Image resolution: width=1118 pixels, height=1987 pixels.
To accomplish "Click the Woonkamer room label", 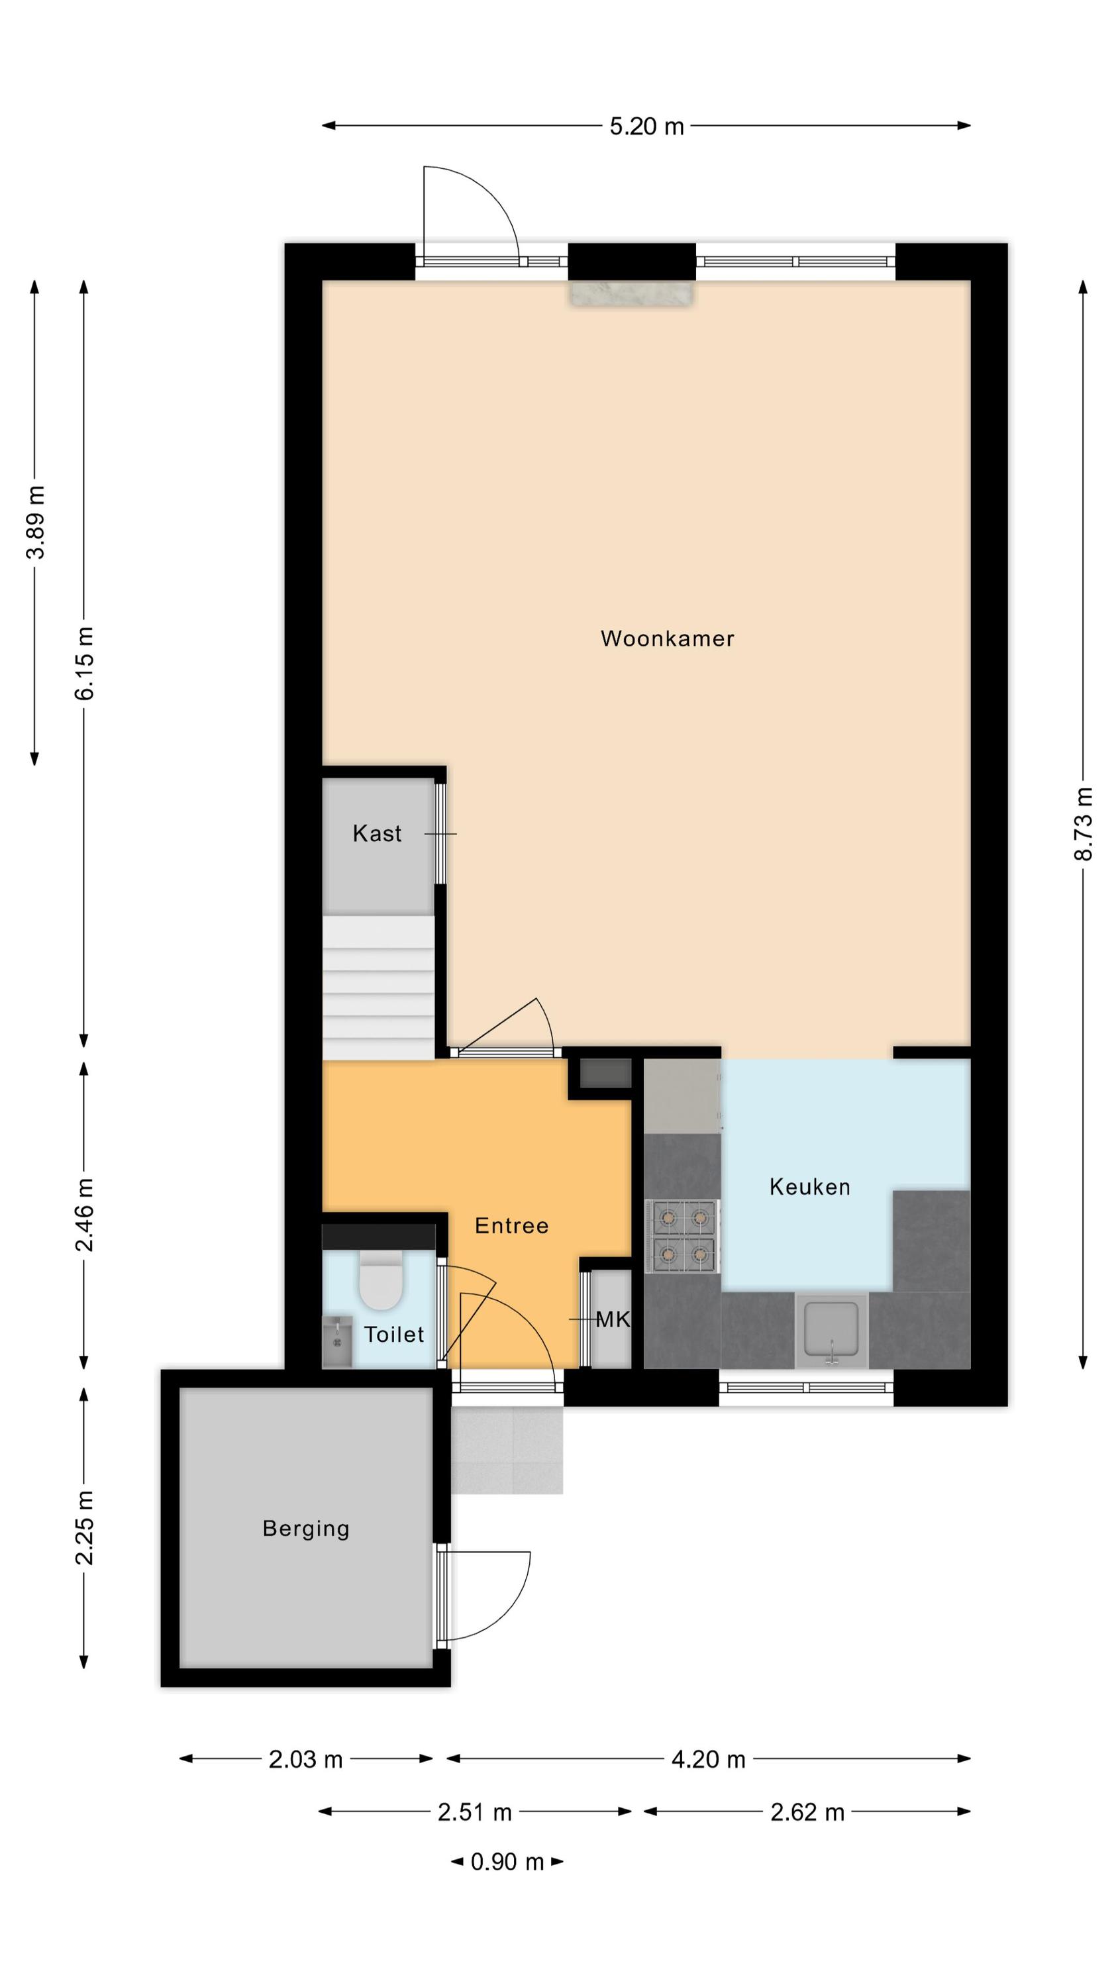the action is click(x=667, y=638).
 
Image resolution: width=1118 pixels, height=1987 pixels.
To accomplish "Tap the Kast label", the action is click(x=378, y=834).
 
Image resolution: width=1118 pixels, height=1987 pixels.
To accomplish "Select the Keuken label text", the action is click(x=810, y=1187).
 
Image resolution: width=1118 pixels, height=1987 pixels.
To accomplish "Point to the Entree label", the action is click(x=511, y=1226).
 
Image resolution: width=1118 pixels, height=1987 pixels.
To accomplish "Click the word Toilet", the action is click(x=394, y=1335).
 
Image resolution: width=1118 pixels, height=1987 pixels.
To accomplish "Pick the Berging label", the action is click(x=306, y=1529).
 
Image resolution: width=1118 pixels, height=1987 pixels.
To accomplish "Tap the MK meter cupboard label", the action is click(x=613, y=1320).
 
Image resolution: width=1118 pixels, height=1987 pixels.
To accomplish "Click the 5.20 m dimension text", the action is click(x=646, y=127).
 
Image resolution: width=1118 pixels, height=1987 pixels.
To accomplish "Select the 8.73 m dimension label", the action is click(x=1084, y=824).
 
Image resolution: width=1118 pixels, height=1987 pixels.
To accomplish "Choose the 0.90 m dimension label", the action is click(x=508, y=1861).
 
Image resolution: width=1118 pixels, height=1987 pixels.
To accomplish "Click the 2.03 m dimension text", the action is click(x=305, y=1758).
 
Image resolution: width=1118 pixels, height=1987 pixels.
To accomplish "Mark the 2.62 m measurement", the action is click(x=807, y=1812).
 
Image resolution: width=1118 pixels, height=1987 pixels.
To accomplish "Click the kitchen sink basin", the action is click(x=831, y=1329).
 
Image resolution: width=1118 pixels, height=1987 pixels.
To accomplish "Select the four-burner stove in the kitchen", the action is click(x=683, y=1237).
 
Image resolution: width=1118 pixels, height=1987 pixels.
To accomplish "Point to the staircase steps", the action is click(x=378, y=988).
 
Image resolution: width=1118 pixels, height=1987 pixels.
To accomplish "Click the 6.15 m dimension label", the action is click(x=85, y=664).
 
